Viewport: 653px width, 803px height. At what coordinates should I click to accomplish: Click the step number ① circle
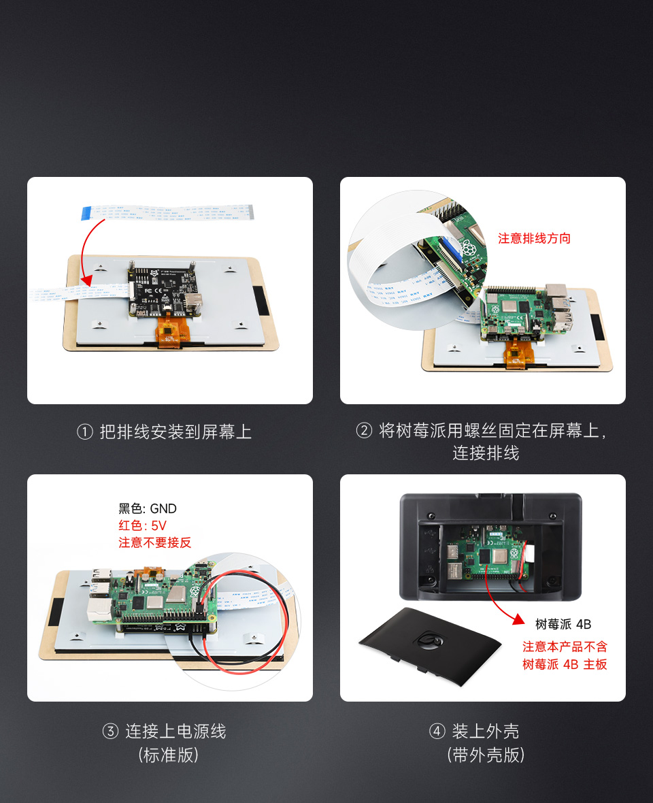click(85, 432)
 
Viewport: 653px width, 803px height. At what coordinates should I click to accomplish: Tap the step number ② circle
click(365, 431)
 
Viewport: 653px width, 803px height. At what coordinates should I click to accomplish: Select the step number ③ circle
click(110, 732)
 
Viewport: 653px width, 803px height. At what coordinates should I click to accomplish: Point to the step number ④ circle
click(437, 732)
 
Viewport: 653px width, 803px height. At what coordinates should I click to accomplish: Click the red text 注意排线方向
click(534, 238)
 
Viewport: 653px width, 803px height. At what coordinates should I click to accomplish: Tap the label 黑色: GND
click(148, 508)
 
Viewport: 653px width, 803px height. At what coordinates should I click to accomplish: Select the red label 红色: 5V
click(142, 525)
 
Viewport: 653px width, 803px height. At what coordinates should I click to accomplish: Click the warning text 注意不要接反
click(155, 542)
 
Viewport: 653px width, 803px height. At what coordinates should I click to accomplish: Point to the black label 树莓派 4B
click(563, 624)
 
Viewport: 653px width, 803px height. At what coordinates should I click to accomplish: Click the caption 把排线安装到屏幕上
click(175, 432)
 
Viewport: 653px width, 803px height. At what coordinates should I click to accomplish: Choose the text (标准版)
click(169, 755)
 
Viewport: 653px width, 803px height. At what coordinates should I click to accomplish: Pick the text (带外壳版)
click(486, 755)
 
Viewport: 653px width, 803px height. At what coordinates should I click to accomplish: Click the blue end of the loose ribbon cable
click(86, 213)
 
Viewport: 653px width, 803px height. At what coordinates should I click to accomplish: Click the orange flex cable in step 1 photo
click(173, 333)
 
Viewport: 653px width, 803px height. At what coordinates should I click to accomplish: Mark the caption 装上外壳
click(485, 732)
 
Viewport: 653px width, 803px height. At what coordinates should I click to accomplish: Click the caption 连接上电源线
click(175, 732)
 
